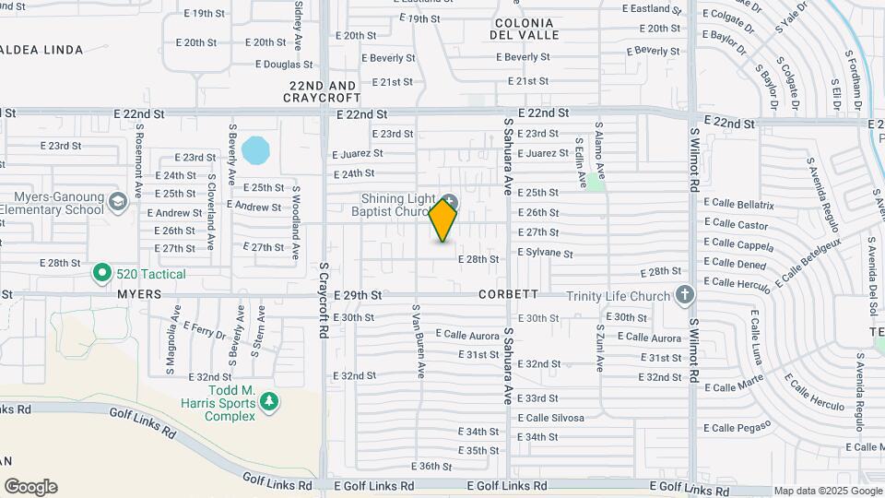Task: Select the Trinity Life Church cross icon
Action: coord(684,295)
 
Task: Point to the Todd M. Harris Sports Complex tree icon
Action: coord(268,401)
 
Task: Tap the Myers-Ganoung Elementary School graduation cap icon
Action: coord(117,201)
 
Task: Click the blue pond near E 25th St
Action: coord(255,148)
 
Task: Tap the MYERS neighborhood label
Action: coord(139,294)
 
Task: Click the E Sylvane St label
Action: coord(545,254)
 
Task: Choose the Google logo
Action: coord(30,487)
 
